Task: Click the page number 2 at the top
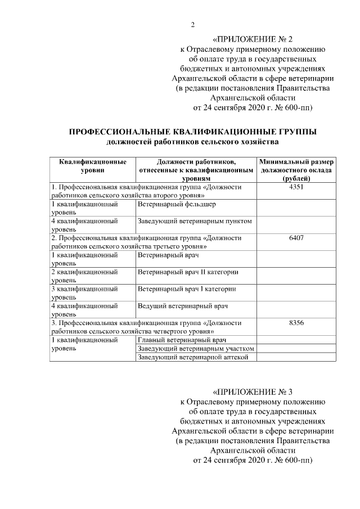[192, 24]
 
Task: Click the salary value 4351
[296, 187]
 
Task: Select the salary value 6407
[296, 238]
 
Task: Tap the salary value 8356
[296, 323]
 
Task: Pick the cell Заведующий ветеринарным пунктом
[195, 221]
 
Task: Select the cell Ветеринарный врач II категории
[188, 272]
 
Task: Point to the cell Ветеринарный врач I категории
[187, 289]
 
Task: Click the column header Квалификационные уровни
[92, 165]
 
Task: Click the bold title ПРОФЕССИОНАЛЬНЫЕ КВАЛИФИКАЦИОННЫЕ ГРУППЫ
[192, 132]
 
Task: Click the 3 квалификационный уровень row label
[85, 292]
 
